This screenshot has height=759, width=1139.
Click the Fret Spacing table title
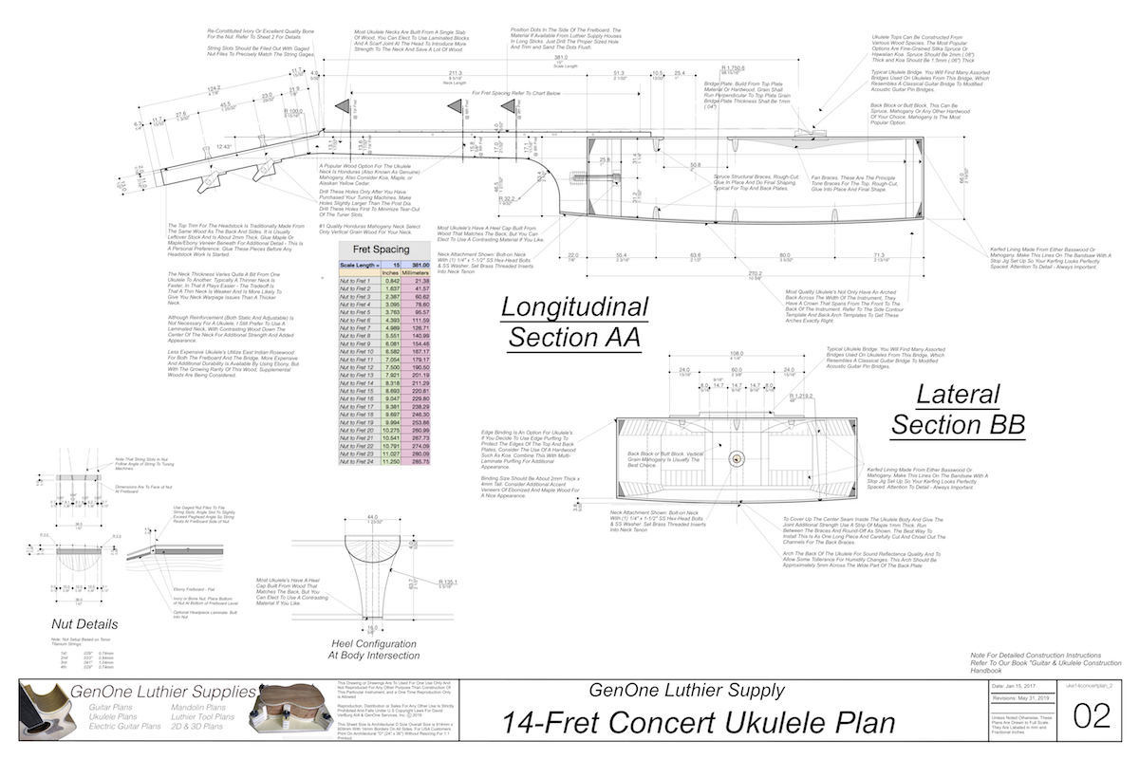pos(386,250)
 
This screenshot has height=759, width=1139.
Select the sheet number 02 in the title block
pos(1091,716)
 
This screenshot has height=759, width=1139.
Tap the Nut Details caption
pos(85,624)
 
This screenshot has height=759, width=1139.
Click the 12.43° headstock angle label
pos(224,147)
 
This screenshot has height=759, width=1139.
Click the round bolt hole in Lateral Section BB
pos(735,458)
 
